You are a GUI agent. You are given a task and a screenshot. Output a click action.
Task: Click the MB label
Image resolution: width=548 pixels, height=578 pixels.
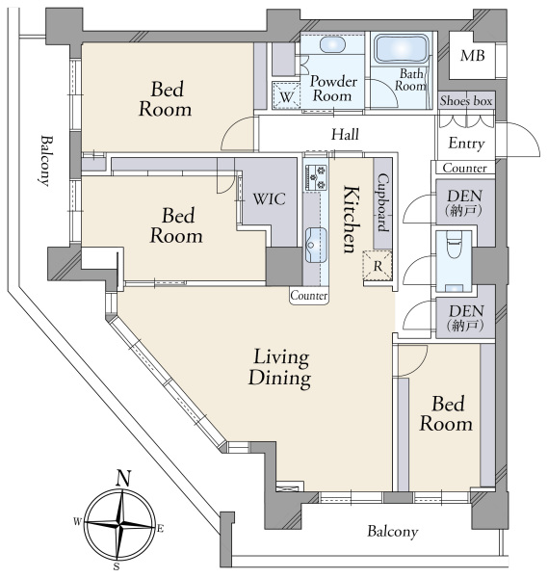(x=472, y=56)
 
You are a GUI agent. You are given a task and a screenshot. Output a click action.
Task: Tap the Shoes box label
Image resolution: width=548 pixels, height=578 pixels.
(x=466, y=100)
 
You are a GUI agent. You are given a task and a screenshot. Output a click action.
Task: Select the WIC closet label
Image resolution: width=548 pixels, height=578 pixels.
(x=269, y=199)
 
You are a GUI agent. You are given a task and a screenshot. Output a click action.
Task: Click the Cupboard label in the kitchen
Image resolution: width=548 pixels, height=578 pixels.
(x=382, y=202)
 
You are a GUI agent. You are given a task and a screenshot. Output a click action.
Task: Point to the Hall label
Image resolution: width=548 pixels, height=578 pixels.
(x=345, y=134)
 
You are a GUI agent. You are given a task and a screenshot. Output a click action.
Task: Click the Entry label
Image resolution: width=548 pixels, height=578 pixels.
(x=466, y=144)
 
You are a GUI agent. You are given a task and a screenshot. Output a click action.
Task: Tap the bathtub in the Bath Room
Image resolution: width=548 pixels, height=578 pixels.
(x=402, y=49)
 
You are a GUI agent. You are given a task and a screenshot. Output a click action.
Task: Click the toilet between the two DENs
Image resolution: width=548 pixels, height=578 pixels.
(x=454, y=245)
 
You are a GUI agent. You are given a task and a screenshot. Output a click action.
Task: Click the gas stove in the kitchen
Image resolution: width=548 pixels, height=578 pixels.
(x=316, y=177)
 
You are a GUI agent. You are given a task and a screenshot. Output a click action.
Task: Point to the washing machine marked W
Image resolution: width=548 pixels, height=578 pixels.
(x=286, y=95)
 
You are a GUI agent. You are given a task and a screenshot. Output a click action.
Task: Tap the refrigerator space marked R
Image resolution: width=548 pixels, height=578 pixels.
(x=377, y=265)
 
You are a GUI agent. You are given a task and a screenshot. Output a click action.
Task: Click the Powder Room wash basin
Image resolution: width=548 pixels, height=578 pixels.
(x=332, y=45)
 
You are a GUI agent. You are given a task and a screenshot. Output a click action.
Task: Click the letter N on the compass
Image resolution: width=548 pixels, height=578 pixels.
(x=123, y=479)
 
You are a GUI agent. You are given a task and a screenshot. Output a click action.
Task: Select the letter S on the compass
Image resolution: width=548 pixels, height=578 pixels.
(x=117, y=566)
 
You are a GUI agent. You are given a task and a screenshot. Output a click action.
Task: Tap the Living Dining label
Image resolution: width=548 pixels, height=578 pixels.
(x=279, y=368)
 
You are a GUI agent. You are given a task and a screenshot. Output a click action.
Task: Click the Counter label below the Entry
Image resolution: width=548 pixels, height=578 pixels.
(x=464, y=168)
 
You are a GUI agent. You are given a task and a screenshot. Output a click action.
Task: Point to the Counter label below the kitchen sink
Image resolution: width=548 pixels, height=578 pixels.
(x=309, y=296)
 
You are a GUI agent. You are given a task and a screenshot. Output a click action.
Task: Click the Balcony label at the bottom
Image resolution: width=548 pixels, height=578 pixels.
(x=393, y=532)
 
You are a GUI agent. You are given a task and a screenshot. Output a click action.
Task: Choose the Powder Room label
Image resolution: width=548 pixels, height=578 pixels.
(x=333, y=89)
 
